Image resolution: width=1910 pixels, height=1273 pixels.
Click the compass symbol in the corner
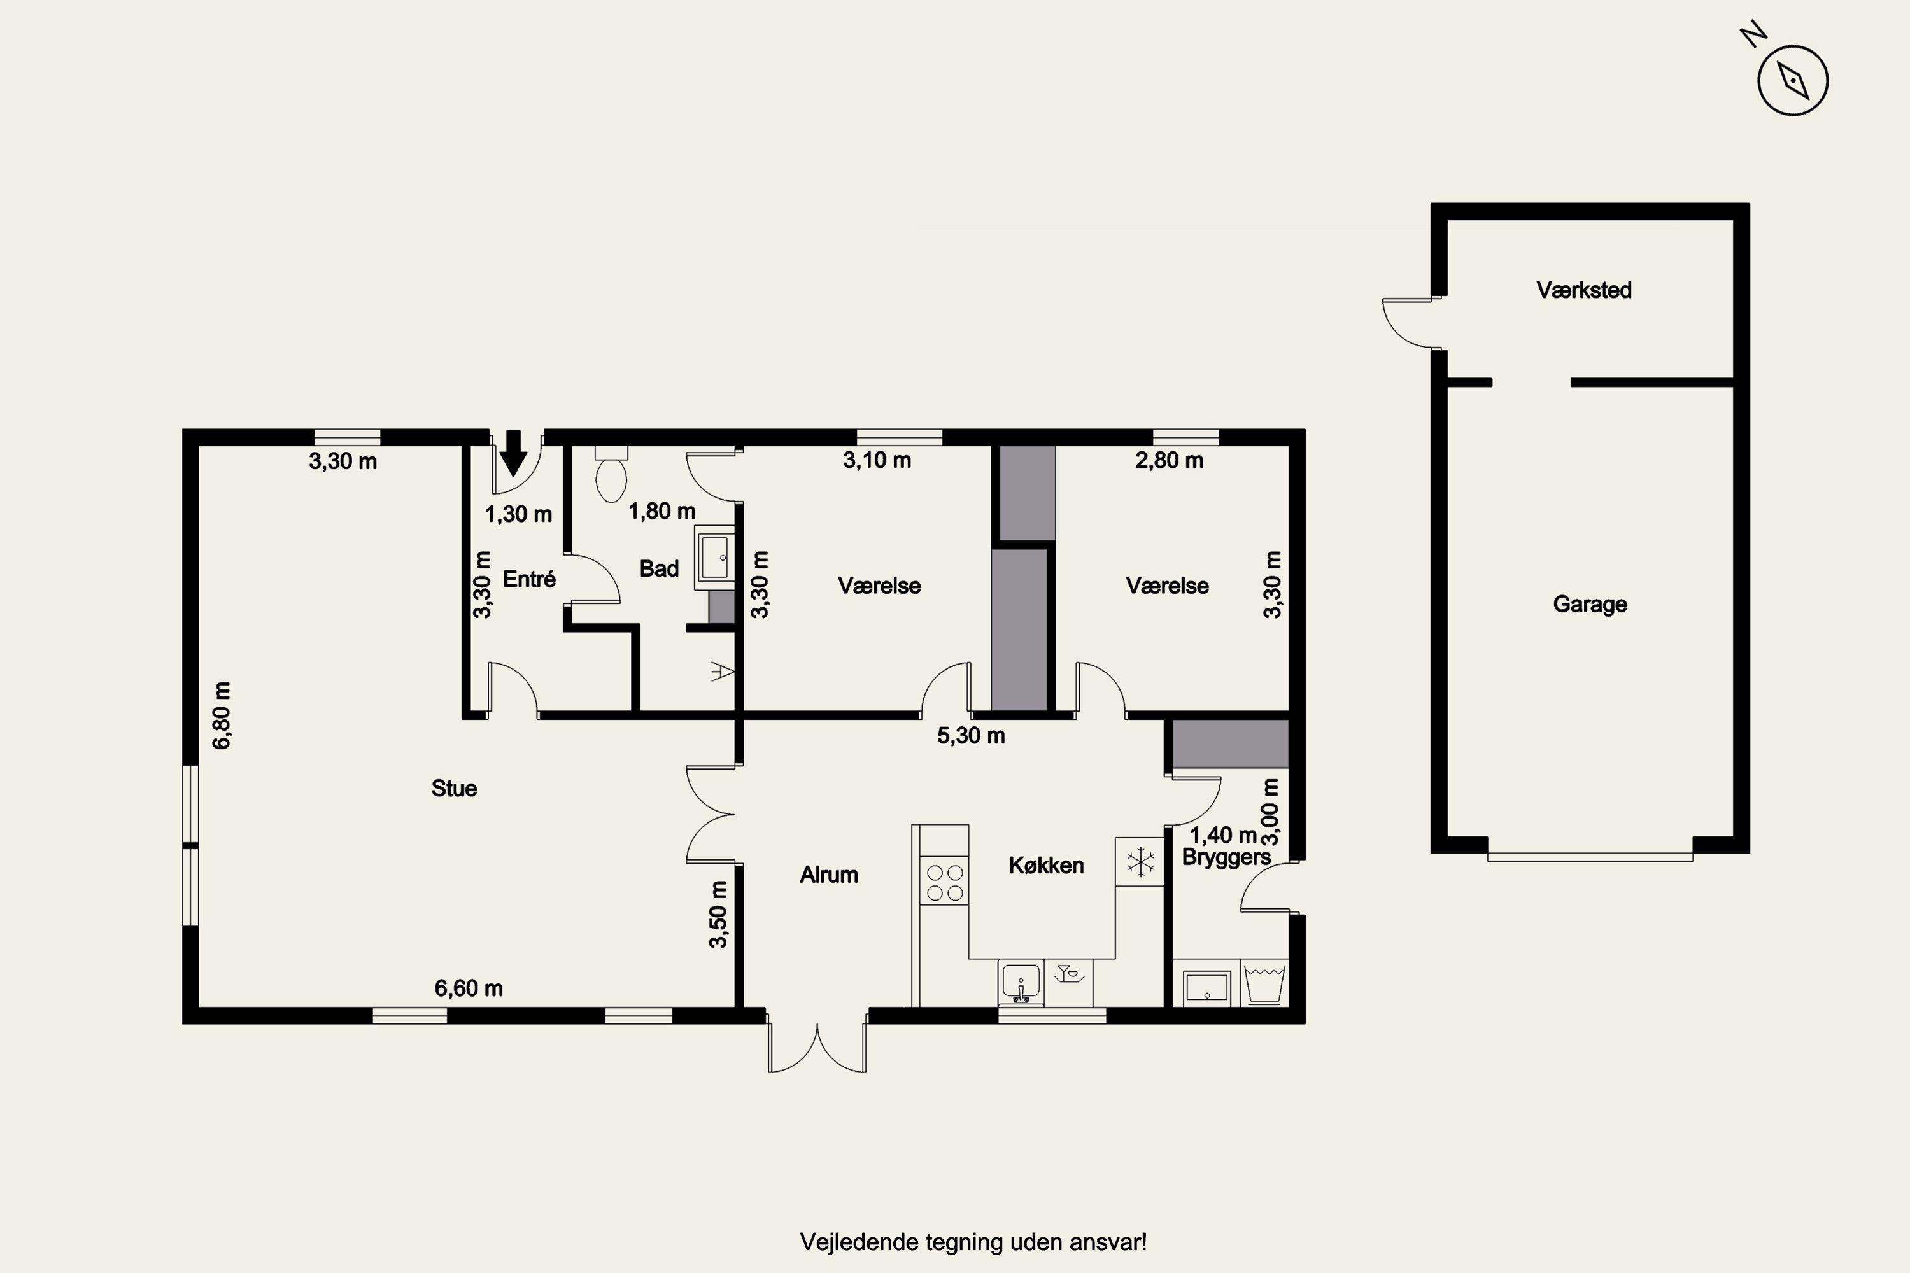tap(1792, 80)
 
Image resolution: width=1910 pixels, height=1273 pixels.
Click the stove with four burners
tap(944, 882)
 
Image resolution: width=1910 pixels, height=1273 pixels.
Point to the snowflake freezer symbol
tap(1140, 861)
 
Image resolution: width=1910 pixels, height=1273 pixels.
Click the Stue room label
tap(454, 789)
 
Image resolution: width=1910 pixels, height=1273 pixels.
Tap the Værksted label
tap(1583, 290)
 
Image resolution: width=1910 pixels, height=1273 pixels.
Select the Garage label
tap(1590, 604)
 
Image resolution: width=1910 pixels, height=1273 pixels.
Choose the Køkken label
tap(1046, 866)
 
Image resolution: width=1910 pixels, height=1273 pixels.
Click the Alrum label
tap(828, 875)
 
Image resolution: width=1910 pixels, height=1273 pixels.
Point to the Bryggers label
tap(1226, 857)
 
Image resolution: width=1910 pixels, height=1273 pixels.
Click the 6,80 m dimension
tap(222, 715)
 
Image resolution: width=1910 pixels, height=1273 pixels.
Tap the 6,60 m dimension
tap(469, 988)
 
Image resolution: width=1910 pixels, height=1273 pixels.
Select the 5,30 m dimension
tap(972, 736)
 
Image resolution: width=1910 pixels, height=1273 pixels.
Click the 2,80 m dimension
tap(1170, 460)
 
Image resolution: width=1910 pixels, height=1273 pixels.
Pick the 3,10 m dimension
tap(877, 460)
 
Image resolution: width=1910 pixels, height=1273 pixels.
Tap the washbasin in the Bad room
tap(714, 558)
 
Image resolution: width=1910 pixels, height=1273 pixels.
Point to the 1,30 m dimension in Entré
tap(519, 514)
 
